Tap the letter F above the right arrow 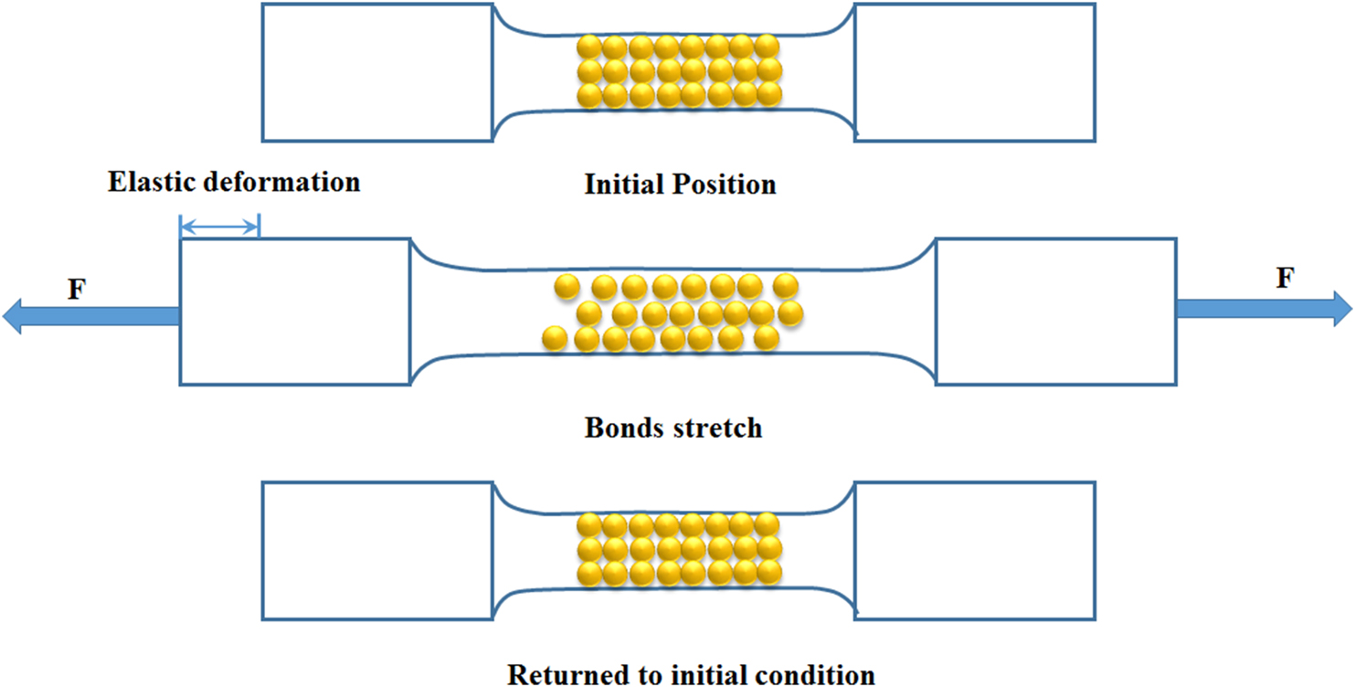tap(1285, 279)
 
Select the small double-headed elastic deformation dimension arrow tap(220, 226)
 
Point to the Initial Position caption tap(680, 185)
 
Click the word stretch tap(721, 427)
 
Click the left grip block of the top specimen tap(377, 72)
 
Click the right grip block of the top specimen tap(974, 72)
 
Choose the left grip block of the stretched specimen tap(295, 311)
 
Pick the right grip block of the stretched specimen tap(1056, 311)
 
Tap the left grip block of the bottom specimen tap(377, 550)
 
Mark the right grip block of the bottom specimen tap(974, 550)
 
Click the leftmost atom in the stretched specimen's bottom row tap(555, 339)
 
